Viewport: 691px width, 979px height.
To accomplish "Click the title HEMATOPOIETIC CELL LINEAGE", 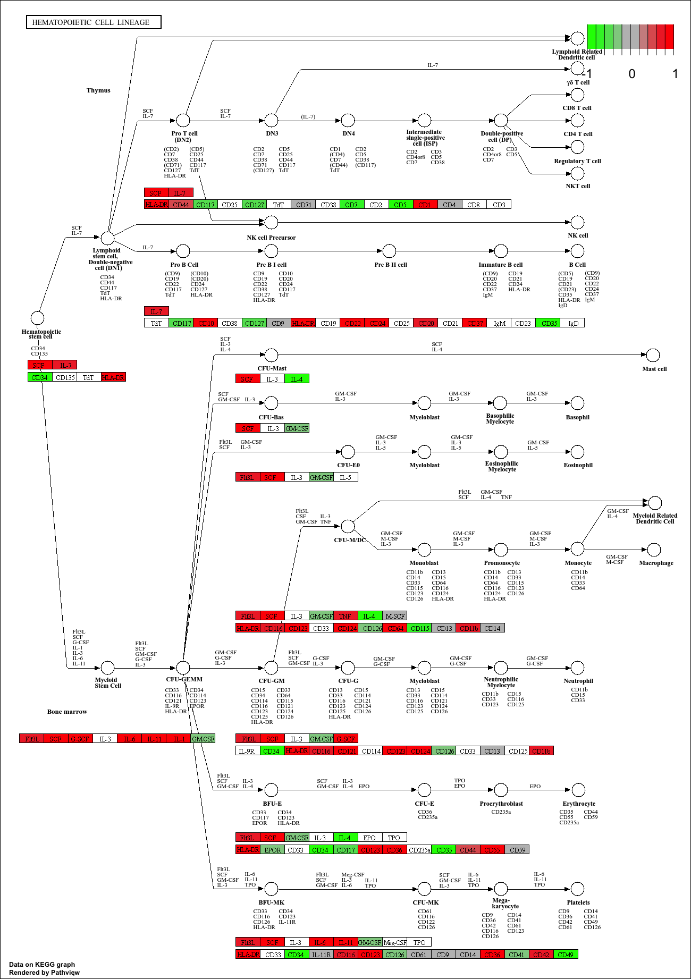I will pyautogui.click(x=94, y=22).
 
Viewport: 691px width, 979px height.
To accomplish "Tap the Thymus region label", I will pyautogui.click(x=98, y=90).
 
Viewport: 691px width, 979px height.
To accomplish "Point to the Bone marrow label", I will pyautogui.click(x=67, y=712).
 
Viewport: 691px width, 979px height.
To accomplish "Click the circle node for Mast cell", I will pyautogui.click(x=653, y=355).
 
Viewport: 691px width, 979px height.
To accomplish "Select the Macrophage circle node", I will pyautogui.click(x=654, y=550).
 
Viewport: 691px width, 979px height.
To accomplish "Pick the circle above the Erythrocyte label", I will pyautogui.click(x=578, y=790).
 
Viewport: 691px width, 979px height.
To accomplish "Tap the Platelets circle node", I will pyautogui.click(x=578, y=889).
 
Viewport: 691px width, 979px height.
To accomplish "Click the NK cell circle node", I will pyautogui.click(x=577, y=222).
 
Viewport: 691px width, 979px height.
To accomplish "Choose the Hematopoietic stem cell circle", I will pyautogui.click(x=37, y=318).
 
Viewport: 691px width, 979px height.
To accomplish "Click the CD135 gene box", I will pyautogui.click(x=65, y=377).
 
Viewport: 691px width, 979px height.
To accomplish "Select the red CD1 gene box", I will pyautogui.click(x=425, y=205).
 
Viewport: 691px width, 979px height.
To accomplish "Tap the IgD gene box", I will pyautogui.click(x=573, y=323).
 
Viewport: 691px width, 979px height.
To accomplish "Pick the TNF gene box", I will pyautogui.click(x=345, y=616).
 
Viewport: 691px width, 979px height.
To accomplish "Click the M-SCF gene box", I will pyautogui.click(x=394, y=616).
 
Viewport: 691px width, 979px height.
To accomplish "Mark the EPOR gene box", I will pyautogui.click(x=272, y=850).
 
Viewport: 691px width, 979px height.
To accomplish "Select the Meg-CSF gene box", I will pyautogui.click(x=395, y=942).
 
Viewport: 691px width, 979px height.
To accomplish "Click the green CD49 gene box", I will pyautogui.click(x=566, y=955).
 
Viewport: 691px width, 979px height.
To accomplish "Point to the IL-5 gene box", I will pyautogui.click(x=345, y=477).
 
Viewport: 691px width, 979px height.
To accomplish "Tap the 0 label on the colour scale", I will pyautogui.click(x=631, y=74).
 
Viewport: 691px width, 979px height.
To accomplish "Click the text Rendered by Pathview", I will pyautogui.click(x=44, y=973).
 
